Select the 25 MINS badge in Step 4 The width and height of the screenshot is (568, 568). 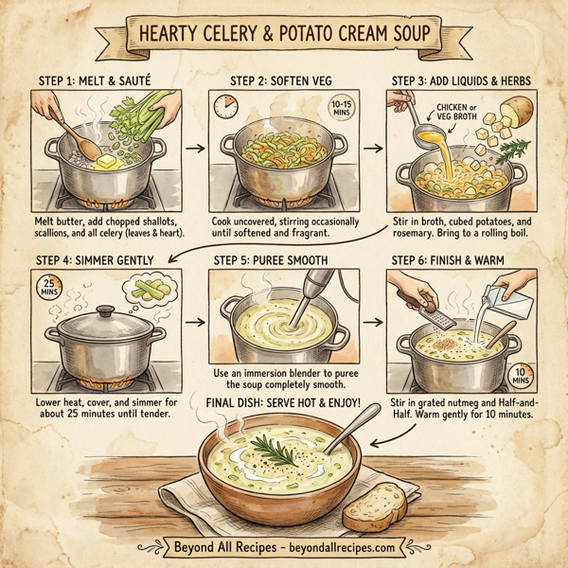(44, 288)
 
